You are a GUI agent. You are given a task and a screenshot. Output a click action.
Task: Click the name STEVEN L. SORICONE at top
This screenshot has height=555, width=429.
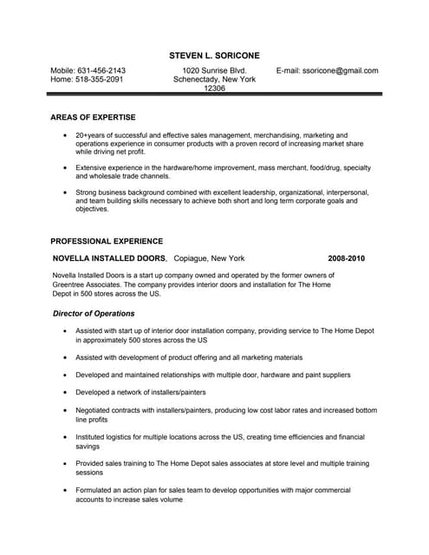(214, 55)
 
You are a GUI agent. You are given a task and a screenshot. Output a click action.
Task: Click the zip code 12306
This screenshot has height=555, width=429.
(214, 88)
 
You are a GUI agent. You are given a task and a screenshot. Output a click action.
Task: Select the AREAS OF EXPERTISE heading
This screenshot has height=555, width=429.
(93, 117)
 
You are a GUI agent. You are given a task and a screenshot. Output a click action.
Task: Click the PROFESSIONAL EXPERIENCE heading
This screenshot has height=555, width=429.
(107, 241)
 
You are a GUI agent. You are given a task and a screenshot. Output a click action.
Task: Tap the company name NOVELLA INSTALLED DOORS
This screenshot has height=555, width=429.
(108, 258)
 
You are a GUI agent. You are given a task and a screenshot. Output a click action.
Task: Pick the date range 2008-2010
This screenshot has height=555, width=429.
(347, 258)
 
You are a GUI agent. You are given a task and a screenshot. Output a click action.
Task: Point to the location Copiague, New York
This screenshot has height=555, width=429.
(209, 258)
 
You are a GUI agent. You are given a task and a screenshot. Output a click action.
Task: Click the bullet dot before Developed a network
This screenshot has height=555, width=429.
(66, 393)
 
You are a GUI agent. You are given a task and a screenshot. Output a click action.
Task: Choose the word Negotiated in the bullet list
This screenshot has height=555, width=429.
(95, 410)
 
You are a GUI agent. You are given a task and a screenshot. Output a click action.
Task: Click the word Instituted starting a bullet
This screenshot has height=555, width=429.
(93, 437)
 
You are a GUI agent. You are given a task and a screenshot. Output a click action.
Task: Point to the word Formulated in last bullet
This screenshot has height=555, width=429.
(96, 491)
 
